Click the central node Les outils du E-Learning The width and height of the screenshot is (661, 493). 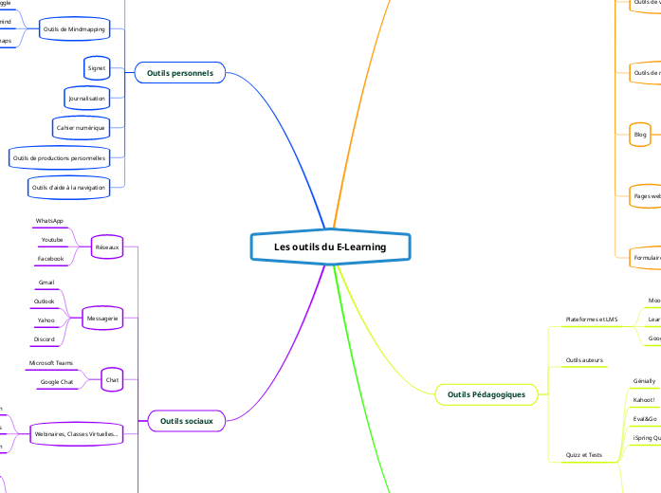330,247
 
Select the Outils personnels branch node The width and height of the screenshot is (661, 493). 180,72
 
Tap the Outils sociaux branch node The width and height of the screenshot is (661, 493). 187,420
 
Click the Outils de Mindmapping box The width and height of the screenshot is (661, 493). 75,29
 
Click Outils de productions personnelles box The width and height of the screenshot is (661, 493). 59,155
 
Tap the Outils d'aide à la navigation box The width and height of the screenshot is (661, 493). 69,187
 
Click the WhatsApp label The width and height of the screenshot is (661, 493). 49,221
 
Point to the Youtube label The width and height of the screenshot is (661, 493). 51,240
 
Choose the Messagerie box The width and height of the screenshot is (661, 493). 102,320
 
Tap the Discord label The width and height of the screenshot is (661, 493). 45,338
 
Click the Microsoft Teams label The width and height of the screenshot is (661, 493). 50,363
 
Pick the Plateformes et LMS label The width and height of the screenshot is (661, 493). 591,320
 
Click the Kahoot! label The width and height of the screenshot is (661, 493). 644,400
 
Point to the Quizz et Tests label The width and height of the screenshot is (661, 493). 583,455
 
